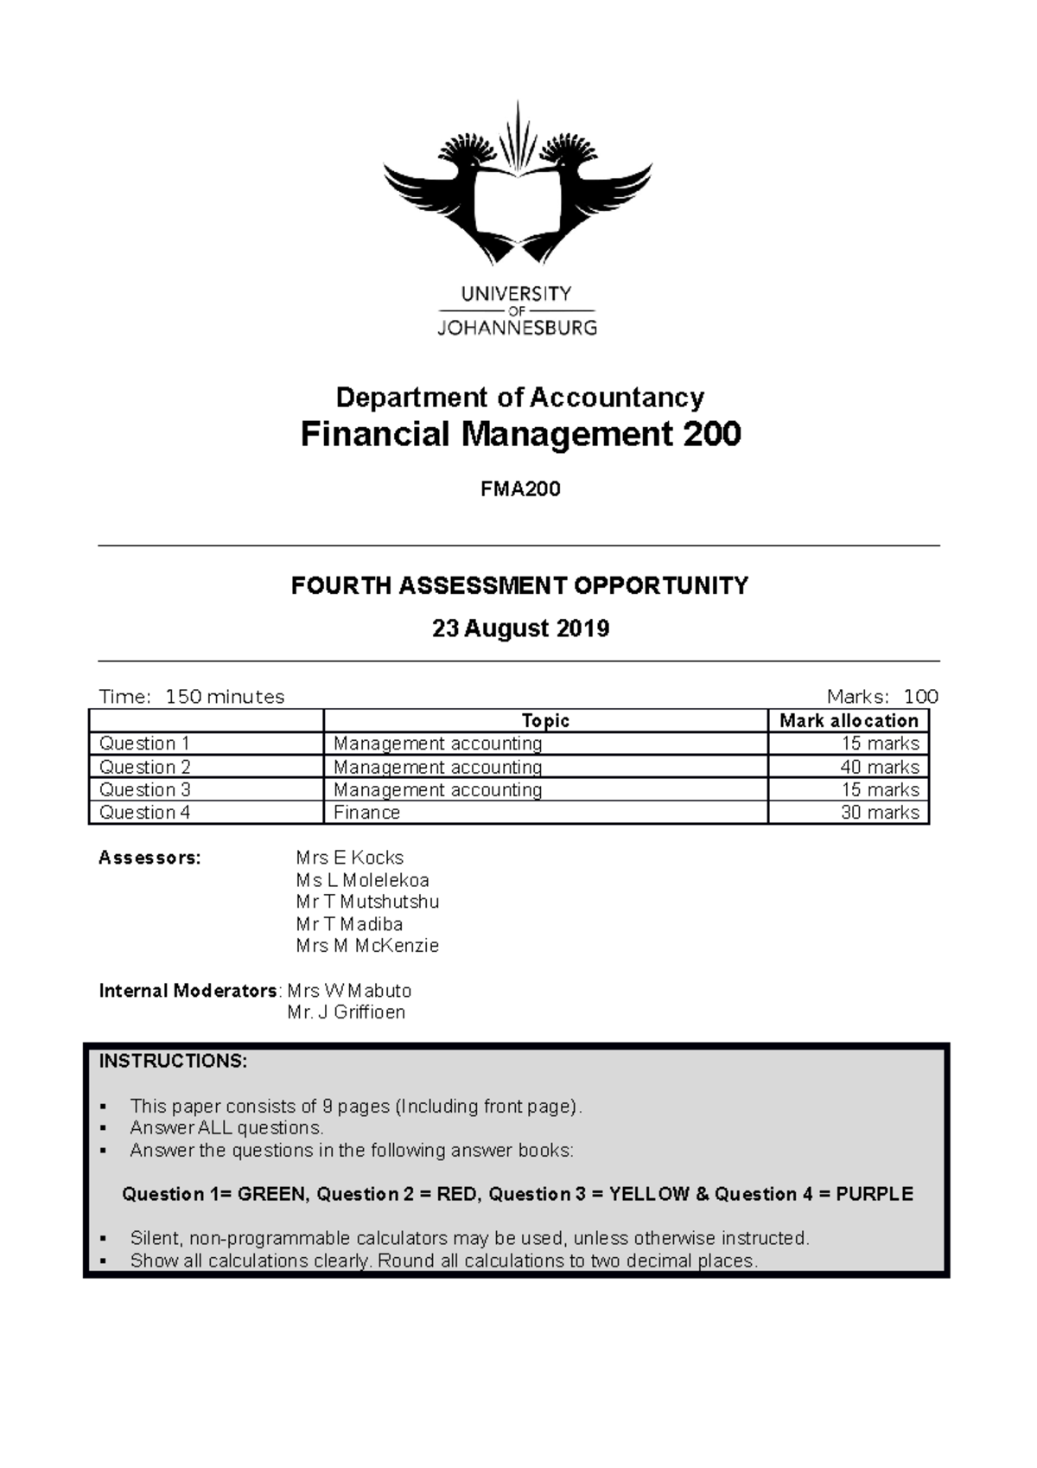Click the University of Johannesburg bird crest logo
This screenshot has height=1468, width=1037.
click(518, 186)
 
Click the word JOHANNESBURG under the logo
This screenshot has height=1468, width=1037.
click(517, 329)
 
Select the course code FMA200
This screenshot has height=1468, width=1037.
click(520, 489)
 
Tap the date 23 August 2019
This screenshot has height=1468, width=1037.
click(520, 629)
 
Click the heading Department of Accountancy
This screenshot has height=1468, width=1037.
click(519, 398)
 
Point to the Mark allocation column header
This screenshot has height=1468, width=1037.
click(848, 721)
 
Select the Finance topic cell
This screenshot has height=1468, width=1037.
click(367, 813)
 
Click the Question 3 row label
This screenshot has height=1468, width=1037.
click(145, 789)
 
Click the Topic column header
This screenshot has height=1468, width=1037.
click(545, 721)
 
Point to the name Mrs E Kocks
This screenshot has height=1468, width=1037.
click(349, 858)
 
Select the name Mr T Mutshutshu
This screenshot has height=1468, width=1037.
click(367, 902)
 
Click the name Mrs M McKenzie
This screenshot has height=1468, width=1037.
click(367, 946)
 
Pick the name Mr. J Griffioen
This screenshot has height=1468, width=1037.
click(347, 1012)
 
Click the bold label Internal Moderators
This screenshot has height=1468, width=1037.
click(188, 991)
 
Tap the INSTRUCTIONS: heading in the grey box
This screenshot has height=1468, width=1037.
click(173, 1062)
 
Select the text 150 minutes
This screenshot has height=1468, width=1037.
click(225, 697)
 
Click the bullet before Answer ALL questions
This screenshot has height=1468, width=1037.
click(104, 1128)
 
